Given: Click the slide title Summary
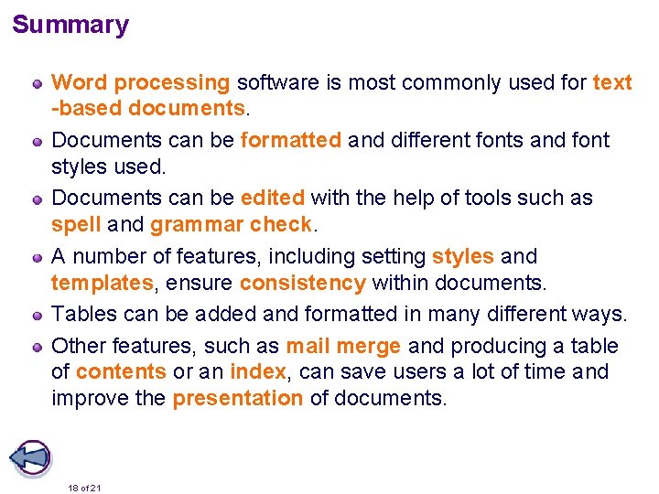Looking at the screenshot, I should point(70,25).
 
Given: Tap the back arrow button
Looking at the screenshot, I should point(29,457).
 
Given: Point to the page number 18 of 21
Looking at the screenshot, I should point(84,488).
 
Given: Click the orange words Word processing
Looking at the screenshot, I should point(141,82).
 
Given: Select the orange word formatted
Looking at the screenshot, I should point(291,140).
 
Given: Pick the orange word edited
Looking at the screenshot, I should point(273,198).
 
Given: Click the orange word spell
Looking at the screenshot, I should point(76,224).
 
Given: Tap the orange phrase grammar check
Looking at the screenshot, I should point(232,224).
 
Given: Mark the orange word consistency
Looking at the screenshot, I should point(302,283).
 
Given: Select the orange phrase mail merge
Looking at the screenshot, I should point(343,346).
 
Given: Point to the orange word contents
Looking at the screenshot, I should point(122,372).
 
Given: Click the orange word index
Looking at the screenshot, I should point(257,372).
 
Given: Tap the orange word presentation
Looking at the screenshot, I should point(237,398).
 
